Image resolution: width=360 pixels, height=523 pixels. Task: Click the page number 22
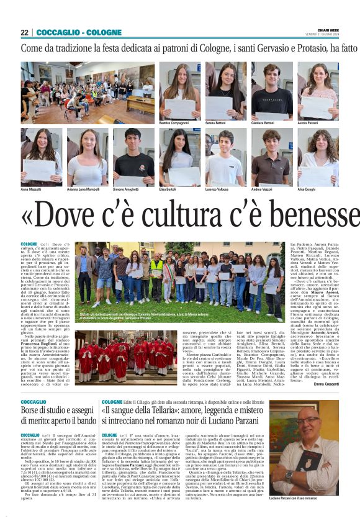(24, 32)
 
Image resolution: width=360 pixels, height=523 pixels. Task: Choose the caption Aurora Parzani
(310, 124)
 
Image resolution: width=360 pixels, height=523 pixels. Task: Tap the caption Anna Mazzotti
(32, 189)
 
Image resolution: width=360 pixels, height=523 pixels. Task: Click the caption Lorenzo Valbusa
(219, 189)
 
